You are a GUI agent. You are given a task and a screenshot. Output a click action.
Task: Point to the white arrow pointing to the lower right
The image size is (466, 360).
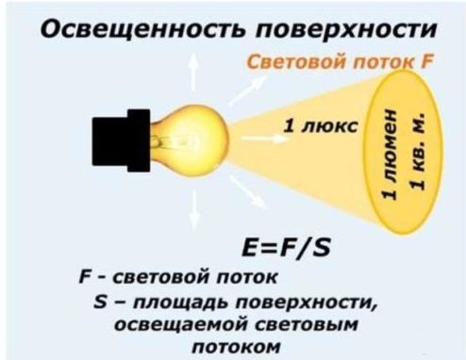(248, 196)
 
